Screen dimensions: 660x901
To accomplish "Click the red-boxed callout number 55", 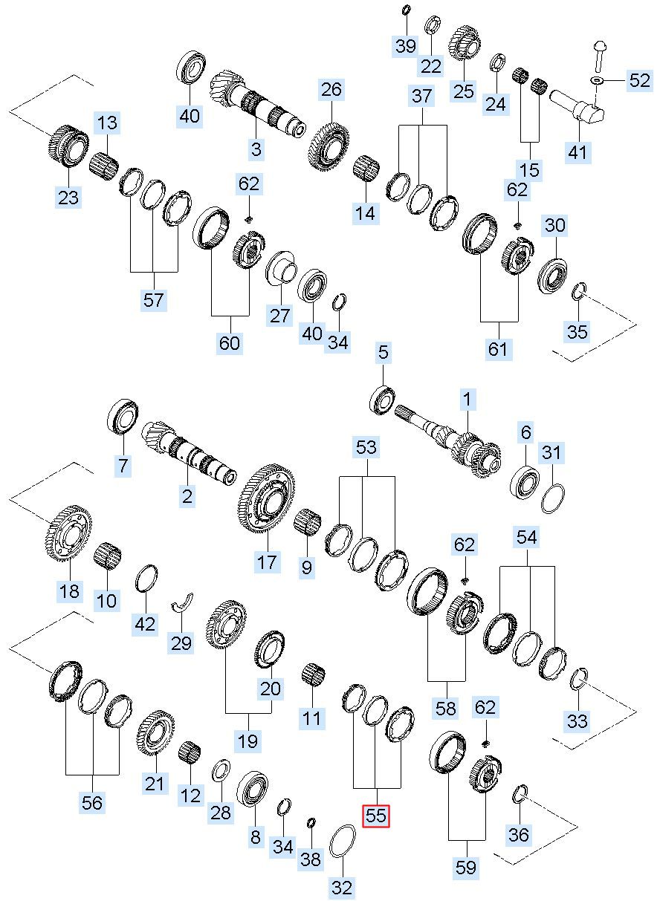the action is pyautogui.click(x=376, y=816).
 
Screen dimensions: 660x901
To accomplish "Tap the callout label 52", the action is pyautogui.click(x=639, y=80).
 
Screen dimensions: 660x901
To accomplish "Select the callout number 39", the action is pyautogui.click(x=406, y=45).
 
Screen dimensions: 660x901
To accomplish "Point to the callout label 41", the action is pyautogui.click(x=578, y=152).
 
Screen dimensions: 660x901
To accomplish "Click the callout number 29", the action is pyautogui.click(x=181, y=643).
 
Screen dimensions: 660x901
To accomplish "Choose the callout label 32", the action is pyautogui.click(x=342, y=888).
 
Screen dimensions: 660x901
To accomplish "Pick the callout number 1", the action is pyautogui.click(x=467, y=400).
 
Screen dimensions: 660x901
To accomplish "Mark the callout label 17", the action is pyautogui.click(x=268, y=562).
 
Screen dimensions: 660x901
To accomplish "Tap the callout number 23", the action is pyautogui.click(x=68, y=197).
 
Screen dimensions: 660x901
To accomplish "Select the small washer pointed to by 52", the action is pyautogui.click(x=597, y=80).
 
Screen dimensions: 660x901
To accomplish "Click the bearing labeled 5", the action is pyautogui.click(x=382, y=400).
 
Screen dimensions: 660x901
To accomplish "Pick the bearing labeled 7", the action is pyautogui.click(x=123, y=417).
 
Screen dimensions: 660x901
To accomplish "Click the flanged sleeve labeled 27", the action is pyautogui.click(x=281, y=268).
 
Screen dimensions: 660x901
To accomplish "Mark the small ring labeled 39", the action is pyautogui.click(x=406, y=9).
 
